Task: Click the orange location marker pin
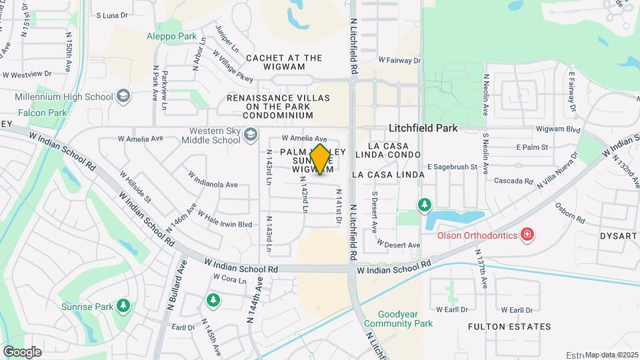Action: pos(320,159)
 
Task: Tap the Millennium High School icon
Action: pos(123,97)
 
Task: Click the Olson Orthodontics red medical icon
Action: pos(527,235)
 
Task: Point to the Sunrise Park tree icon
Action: pos(123,305)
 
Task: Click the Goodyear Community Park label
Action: pos(399,319)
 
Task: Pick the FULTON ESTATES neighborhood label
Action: pos(509,327)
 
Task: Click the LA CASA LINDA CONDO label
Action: pos(397,150)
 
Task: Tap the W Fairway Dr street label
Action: pos(400,61)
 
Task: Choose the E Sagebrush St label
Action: pos(453,167)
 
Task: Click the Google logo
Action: pos(22,352)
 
